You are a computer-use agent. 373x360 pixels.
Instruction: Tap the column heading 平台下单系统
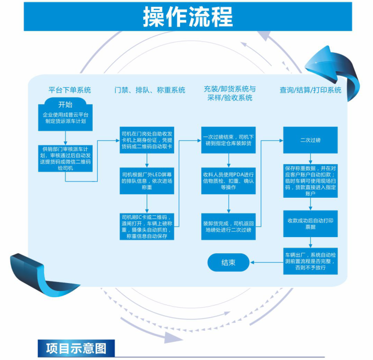(x=70, y=89)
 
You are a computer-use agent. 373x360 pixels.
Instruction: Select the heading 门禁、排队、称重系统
(x=150, y=90)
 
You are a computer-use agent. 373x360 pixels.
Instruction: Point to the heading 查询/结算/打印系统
(x=310, y=90)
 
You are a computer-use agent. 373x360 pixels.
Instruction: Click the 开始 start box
(x=65, y=104)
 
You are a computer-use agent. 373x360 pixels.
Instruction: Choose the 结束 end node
(x=229, y=262)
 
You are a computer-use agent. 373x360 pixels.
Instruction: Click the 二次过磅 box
(x=310, y=140)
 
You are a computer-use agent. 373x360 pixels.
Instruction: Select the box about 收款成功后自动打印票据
(x=310, y=223)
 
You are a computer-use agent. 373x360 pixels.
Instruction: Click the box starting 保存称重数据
(x=310, y=181)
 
